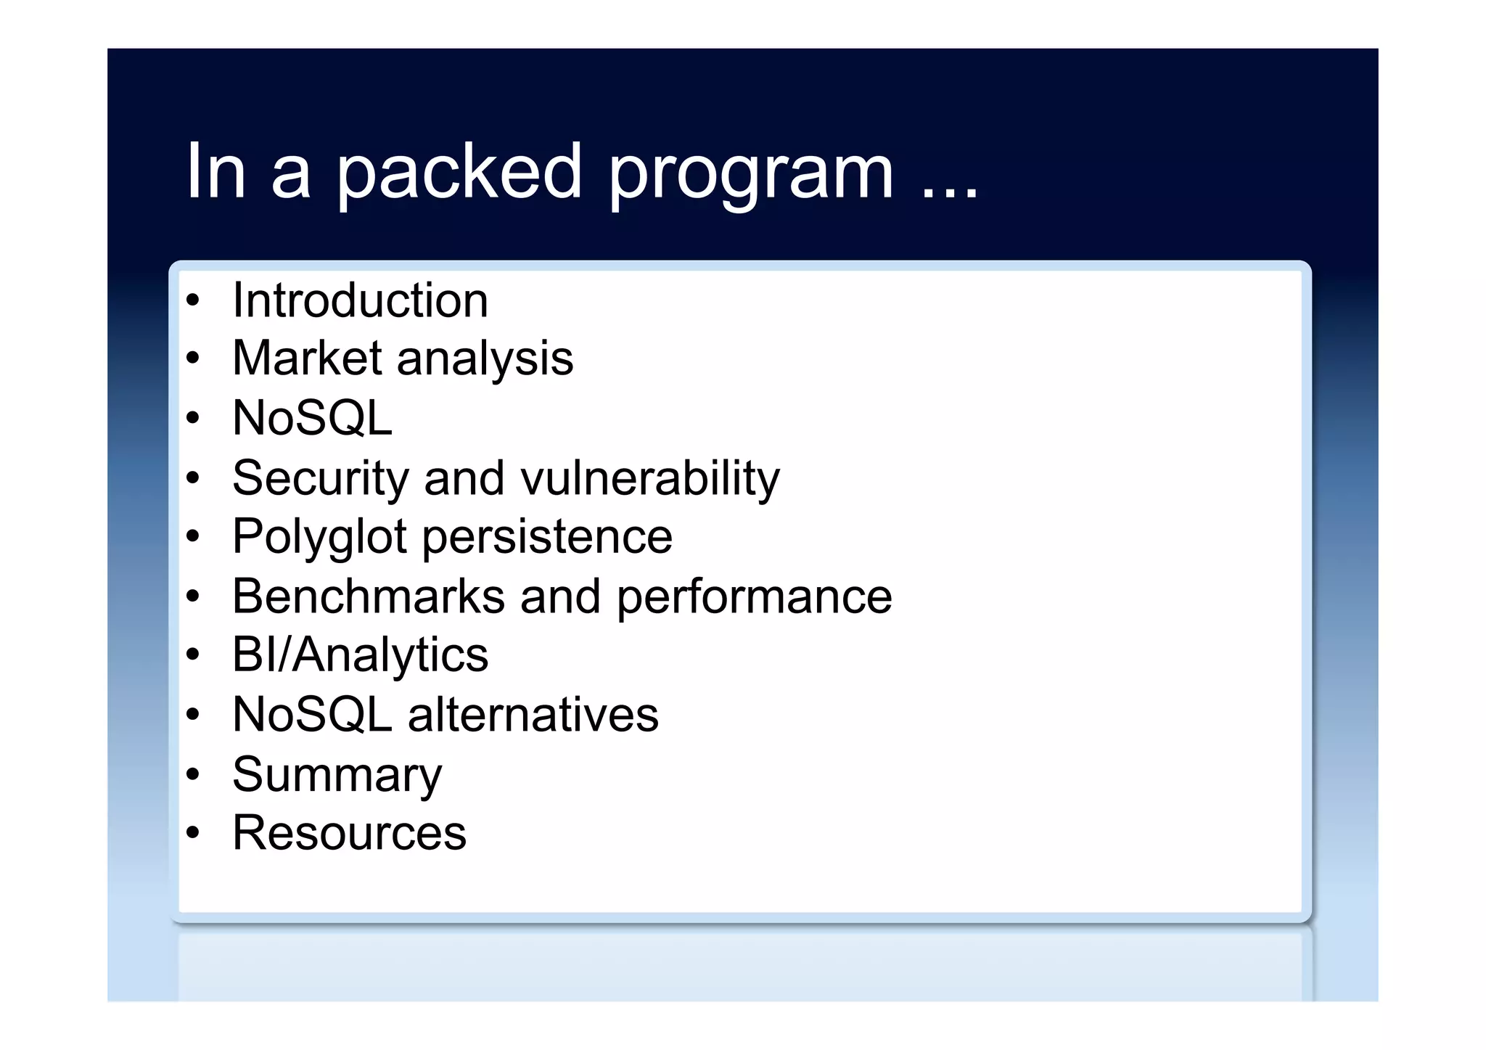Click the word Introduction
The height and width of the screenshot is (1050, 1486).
click(360, 300)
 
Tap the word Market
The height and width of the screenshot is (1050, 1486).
click(307, 358)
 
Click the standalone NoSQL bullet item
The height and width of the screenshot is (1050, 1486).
click(312, 419)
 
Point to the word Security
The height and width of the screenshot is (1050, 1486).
click(321, 479)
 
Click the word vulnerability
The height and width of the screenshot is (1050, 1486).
click(650, 479)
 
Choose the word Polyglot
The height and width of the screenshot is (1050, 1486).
click(319, 538)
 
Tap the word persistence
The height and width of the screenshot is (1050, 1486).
click(547, 538)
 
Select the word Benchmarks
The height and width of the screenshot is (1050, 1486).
click(368, 596)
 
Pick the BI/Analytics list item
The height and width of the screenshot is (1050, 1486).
click(360, 655)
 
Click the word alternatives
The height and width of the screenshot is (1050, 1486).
click(533, 715)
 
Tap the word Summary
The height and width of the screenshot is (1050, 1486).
click(337, 775)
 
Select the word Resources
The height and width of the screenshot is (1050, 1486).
click(349, 833)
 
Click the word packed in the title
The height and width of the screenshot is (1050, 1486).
click(459, 173)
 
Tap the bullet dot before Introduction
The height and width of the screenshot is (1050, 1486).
click(192, 300)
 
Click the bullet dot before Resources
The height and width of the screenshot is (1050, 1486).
click(192, 833)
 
